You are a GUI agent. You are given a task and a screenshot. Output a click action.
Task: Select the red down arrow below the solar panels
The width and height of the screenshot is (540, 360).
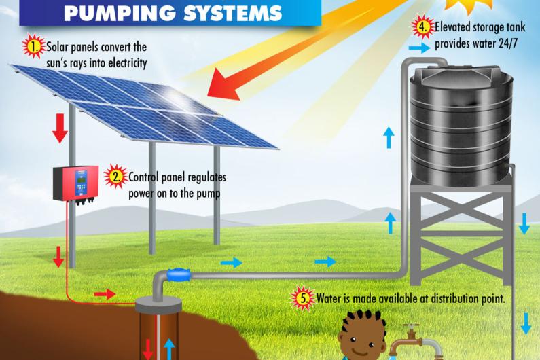(x=60, y=127)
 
